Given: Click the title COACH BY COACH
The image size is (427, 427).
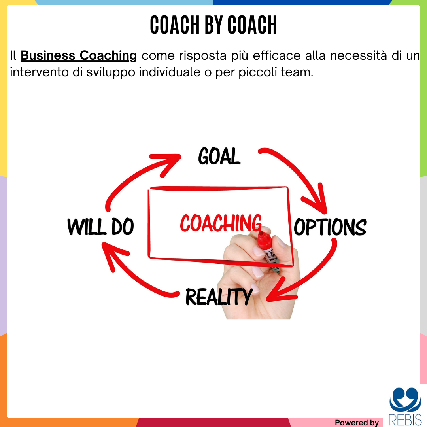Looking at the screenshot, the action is point(213,25).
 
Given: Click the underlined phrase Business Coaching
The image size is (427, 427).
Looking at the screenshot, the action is point(79,56).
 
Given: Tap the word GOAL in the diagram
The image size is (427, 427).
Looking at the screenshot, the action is point(219,156).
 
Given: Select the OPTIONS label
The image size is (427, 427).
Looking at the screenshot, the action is point(330,227).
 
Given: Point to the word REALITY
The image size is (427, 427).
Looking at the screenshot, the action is point(219,297).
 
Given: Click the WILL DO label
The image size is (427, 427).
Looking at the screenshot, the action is point(100,227).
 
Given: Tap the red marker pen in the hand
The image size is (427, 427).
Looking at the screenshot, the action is point(268,252).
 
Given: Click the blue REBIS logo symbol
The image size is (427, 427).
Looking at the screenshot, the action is point(405,399).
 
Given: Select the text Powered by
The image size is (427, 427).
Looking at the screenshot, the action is point(357,422).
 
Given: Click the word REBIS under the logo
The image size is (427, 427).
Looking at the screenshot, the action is point(405,419).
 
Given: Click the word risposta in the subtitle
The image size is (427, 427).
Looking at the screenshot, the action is point(203,57).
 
